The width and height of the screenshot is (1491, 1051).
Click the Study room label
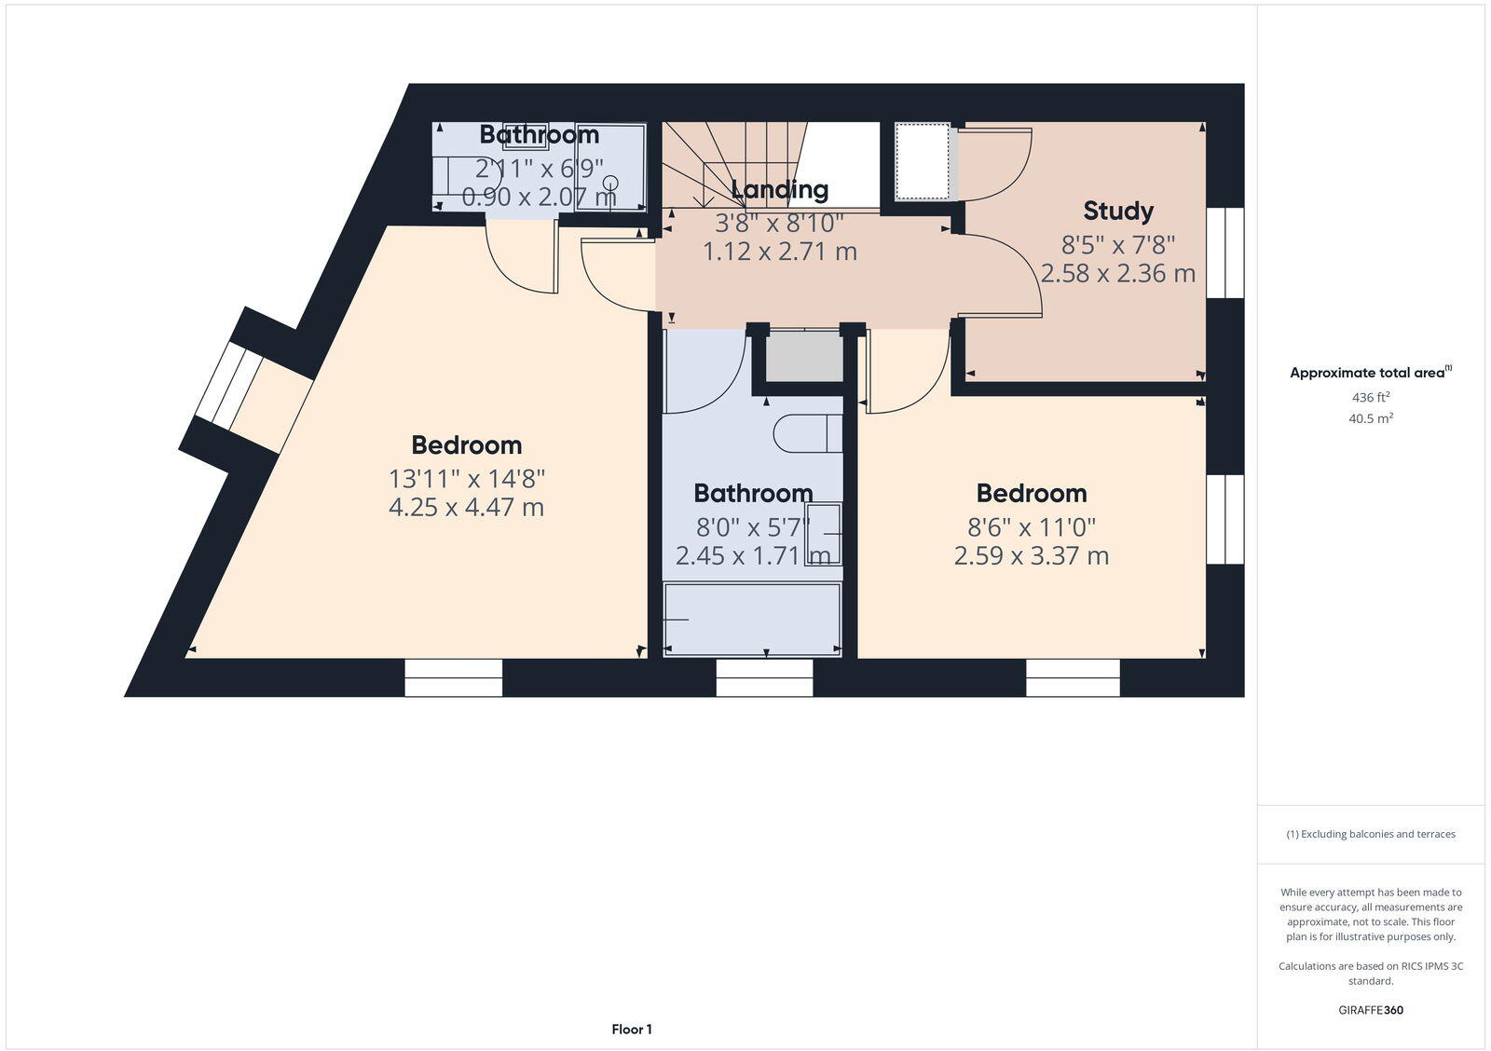(x=1117, y=212)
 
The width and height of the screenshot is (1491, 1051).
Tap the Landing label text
(x=779, y=190)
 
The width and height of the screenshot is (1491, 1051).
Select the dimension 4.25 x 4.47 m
(x=466, y=508)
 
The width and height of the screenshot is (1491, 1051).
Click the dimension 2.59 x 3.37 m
(x=1031, y=556)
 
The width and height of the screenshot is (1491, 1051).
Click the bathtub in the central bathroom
(x=752, y=620)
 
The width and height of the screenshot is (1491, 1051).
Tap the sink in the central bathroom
(x=824, y=534)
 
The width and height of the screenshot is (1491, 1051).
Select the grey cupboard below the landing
(x=803, y=356)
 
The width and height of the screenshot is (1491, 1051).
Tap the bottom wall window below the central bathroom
(x=764, y=677)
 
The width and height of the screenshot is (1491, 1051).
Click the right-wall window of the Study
(x=1224, y=253)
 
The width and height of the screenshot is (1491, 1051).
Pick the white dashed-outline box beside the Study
(x=922, y=161)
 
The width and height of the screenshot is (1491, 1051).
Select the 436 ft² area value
(x=1370, y=397)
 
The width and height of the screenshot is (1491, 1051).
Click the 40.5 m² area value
(x=1370, y=419)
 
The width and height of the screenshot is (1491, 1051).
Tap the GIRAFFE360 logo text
(x=1370, y=1010)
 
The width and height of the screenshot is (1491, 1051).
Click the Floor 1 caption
(x=632, y=1030)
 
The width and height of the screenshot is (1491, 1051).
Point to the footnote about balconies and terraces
(x=1370, y=834)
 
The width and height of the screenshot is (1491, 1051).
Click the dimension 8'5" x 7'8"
(x=1117, y=245)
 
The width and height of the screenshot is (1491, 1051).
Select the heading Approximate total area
(x=1368, y=373)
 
